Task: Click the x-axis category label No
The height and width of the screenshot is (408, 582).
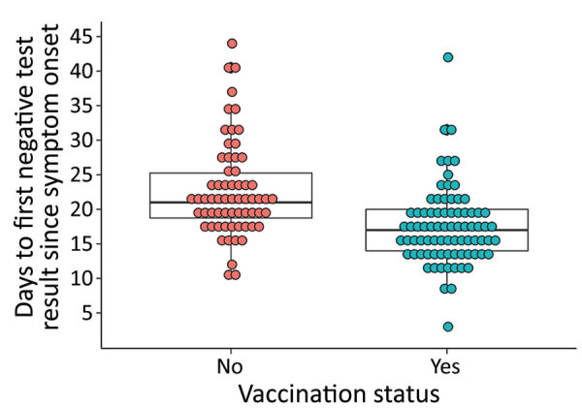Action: coord(231,367)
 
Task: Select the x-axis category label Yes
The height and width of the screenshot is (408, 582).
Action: coord(447,367)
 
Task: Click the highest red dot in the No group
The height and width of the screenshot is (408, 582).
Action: coord(232,44)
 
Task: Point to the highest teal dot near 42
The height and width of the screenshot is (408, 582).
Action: coord(448,57)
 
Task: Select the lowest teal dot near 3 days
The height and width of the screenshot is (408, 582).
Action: coord(448,327)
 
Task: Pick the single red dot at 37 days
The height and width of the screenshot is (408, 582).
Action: coord(232,92)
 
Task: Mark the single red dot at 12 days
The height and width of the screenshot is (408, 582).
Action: coord(232,265)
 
